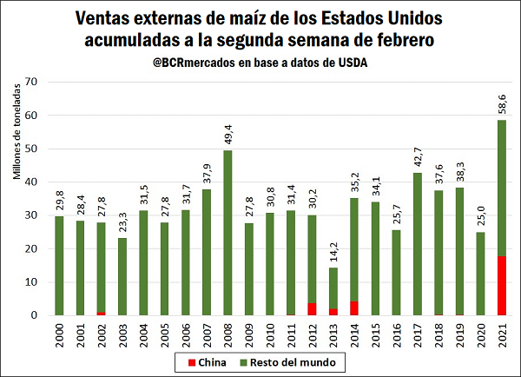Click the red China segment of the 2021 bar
(x=502, y=286)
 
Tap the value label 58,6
(x=502, y=103)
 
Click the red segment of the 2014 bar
(x=353, y=308)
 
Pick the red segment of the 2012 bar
(x=312, y=309)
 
